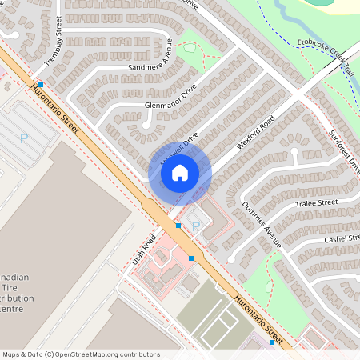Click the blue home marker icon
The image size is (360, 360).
180,172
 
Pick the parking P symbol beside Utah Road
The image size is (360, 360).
195,226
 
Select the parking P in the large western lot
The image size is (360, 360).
23,138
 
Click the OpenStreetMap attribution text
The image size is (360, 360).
81,354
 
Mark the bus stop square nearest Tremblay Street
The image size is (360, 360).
40,84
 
